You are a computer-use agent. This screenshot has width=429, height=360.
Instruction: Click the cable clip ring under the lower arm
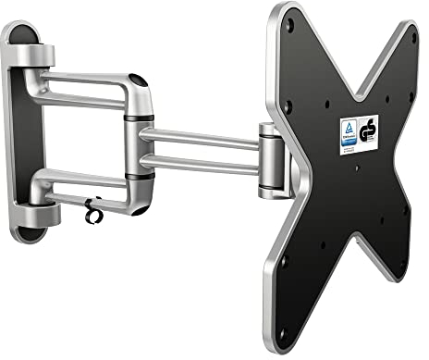click(90, 209)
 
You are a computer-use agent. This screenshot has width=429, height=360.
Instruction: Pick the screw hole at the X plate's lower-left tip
click(284, 263)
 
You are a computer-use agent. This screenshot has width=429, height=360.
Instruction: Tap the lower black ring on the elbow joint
click(141, 175)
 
